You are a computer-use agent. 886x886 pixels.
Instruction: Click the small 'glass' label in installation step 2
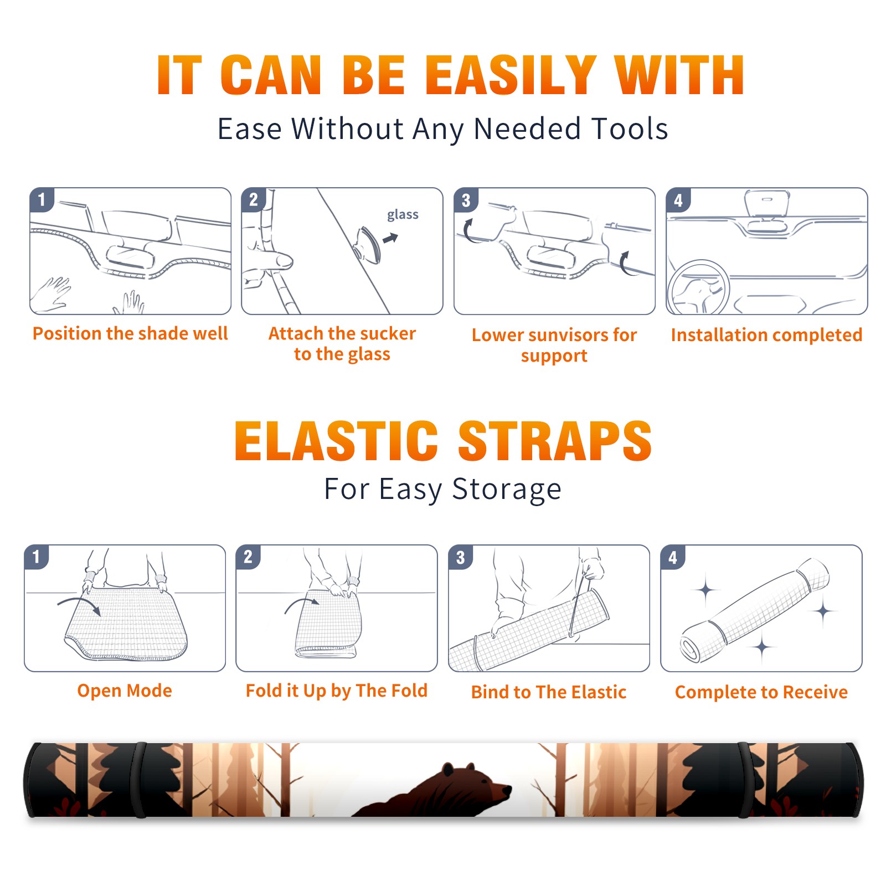click(x=403, y=215)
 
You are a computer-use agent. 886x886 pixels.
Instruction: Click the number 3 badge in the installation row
click(x=466, y=200)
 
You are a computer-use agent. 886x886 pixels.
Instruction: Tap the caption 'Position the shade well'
click(x=130, y=333)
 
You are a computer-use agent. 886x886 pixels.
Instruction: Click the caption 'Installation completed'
click(x=766, y=335)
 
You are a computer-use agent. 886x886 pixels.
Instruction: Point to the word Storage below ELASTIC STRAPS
click(x=507, y=490)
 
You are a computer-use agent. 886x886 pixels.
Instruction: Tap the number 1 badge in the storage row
click(x=37, y=557)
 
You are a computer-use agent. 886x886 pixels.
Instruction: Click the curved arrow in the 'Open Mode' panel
click(x=79, y=604)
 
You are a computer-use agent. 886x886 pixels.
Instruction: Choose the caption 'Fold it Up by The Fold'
click(x=337, y=691)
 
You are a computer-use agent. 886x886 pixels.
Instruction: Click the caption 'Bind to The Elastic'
click(x=549, y=692)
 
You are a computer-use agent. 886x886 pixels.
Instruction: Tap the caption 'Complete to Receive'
click(x=761, y=692)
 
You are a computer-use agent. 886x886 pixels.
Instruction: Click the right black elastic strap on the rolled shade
click(x=744, y=780)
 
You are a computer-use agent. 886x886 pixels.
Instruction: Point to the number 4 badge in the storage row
click(x=673, y=557)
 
